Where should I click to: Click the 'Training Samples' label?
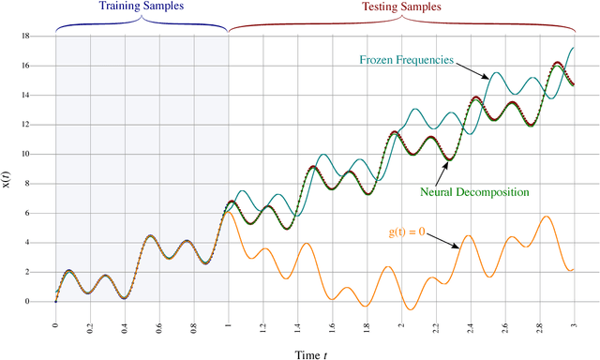click(x=142, y=7)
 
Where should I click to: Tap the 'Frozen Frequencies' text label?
click(x=407, y=60)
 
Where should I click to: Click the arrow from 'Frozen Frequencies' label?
click(x=471, y=70)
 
